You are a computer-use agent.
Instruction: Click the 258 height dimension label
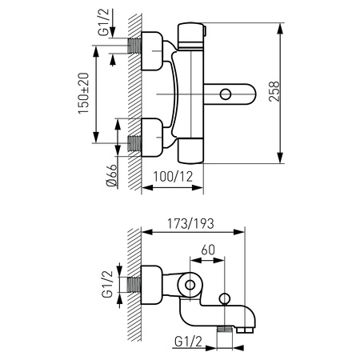click(274, 91)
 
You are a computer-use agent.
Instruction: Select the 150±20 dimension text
click(83, 94)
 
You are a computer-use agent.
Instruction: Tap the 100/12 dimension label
click(173, 177)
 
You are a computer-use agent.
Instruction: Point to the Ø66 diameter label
click(111, 176)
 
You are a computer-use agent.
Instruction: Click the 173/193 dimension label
click(190, 223)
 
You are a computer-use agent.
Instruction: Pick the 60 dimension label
click(208, 250)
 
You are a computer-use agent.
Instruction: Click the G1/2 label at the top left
click(104, 22)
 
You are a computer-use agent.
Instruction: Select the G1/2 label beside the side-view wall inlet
click(108, 284)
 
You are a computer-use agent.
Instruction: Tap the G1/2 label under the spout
click(188, 342)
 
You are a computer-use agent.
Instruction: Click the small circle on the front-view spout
click(226, 94)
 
